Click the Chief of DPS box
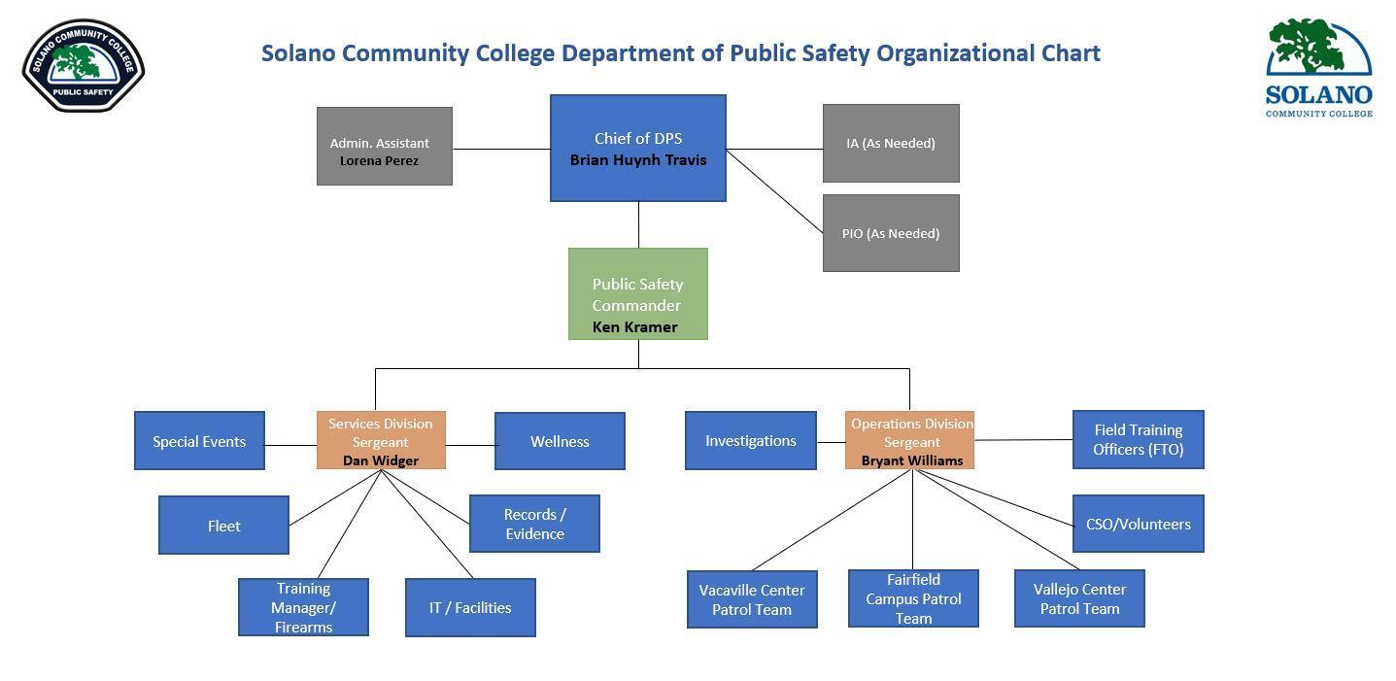click(637, 148)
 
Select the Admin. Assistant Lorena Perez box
click(384, 146)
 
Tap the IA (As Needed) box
click(891, 143)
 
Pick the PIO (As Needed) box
click(891, 233)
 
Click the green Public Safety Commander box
click(637, 293)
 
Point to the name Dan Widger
click(381, 460)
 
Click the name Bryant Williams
click(911, 460)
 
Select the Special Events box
click(199, 441)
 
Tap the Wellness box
click(560, 441)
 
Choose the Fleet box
click(223, 526)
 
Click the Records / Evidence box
click(534, 524)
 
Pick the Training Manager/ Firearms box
click(303, 607)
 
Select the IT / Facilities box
click(470, 607)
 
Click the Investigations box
click(750, 440)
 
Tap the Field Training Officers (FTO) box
click(1138, 439)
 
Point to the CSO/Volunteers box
click(1138, 524)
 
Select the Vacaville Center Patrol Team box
click(752, 599)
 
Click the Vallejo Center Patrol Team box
click(1079, 598)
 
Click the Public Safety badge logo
click(84, 66)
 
